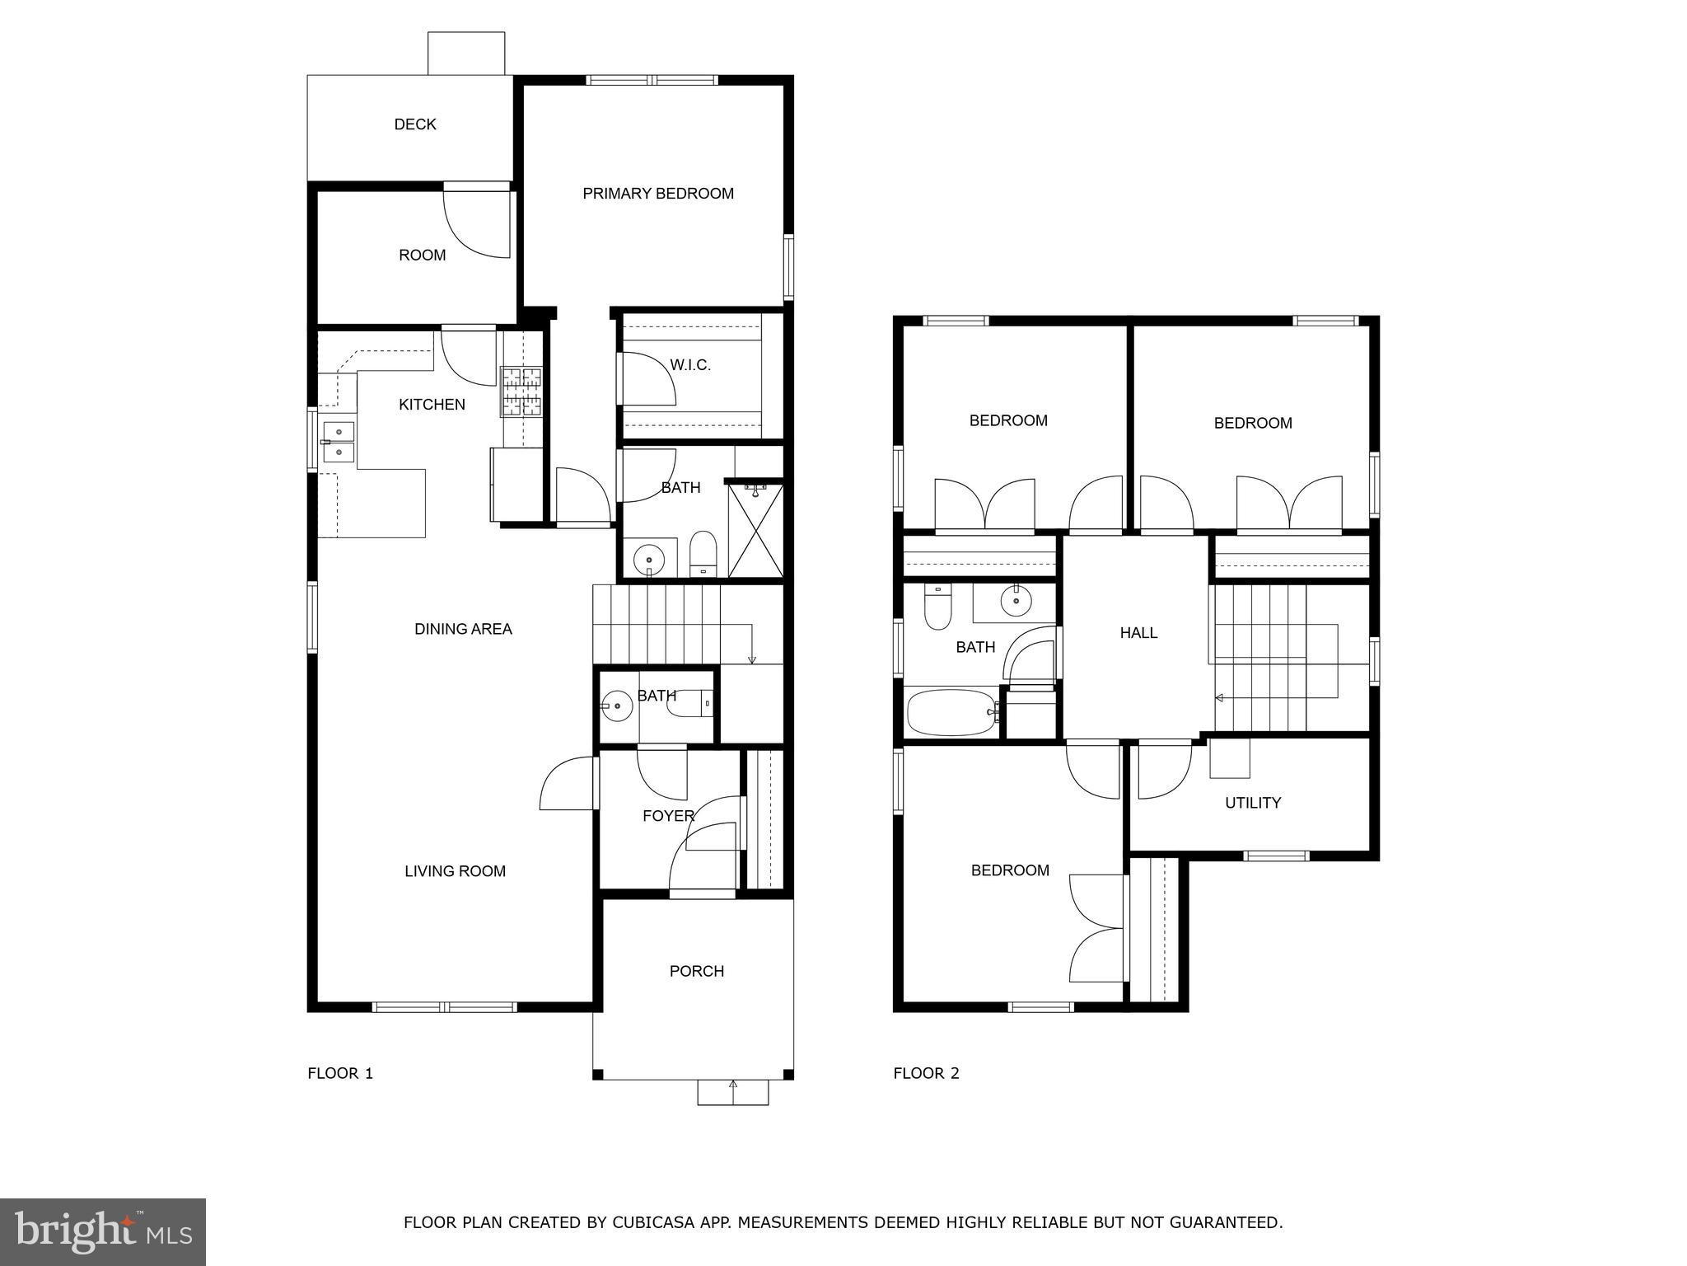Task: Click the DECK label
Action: pos(415,124)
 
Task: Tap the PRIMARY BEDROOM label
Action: pos(658,194)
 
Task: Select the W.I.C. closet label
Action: pos(690,365)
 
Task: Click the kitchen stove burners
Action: pos(522,392)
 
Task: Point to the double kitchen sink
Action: pos(339,443)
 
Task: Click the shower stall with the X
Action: pos(755,531)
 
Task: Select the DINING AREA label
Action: pos(463,629)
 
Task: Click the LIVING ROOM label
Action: pos(455,871)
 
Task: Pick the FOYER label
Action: pos(668,816)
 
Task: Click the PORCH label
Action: pos(697,971)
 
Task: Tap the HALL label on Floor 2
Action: pos(1138,633)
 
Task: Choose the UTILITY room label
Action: pos(1253,803)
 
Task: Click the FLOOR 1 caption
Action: pos(340,1073)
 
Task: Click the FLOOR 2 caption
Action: pos(927,1073)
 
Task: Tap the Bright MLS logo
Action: pos(103,1231)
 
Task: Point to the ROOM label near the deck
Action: pos(423,256)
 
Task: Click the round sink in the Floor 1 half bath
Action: pos(617,705)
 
